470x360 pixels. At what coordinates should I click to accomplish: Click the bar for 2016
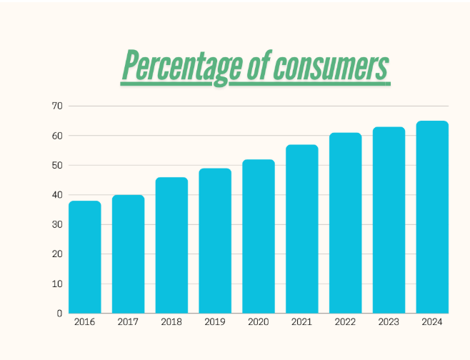[85, 257]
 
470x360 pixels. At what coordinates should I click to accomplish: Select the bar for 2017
[129, 254]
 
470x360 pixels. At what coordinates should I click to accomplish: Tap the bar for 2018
[171, 245]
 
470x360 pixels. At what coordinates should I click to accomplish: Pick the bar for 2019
[215, 241]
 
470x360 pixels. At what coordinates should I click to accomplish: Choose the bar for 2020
[259, 236]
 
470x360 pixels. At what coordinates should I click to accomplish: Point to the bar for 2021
[302, 229]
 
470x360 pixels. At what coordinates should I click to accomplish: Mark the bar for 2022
[346, 223]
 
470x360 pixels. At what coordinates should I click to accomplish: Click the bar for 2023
[389, 220]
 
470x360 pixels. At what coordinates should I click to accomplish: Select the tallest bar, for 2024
[432, 217]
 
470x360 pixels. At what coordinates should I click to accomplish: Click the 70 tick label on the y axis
[57, 106]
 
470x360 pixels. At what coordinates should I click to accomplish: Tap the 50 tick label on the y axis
[57, 165]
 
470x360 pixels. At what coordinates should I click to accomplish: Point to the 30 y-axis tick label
[57, 224]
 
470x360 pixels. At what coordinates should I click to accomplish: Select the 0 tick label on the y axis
[60, 313]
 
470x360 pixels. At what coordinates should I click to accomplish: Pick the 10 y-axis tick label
[57, 284]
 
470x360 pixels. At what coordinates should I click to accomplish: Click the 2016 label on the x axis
[84, 323]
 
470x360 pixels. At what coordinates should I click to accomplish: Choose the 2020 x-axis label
[259, 323]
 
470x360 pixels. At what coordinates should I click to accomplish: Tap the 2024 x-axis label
[432, 323]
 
